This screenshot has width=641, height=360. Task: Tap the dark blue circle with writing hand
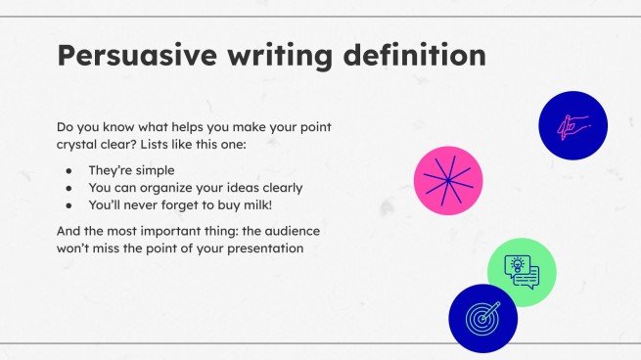pos(573,126)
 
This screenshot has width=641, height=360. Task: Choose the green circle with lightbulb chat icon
pos(522,272)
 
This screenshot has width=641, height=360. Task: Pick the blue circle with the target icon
pos(482,317)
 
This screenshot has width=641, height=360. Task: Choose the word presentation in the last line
pos(264,248)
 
